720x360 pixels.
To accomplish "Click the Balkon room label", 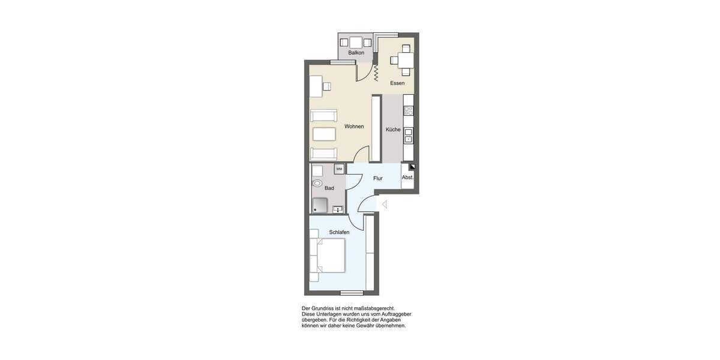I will click(356, 53).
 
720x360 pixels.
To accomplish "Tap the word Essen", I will click(397, 83).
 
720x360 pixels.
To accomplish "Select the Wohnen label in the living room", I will click(354, 127).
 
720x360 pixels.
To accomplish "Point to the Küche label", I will click(393, 130).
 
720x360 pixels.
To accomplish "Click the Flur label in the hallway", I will click(377, 178).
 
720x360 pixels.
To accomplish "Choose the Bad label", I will click(329, 188).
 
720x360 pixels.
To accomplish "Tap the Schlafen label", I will click(339, 232).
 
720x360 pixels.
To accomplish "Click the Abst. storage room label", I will click(407, 178).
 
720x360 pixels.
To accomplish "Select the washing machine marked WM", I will click(339, 169).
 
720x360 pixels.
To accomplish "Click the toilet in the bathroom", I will click(317, 184).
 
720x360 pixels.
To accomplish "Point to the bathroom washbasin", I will click(338, 209).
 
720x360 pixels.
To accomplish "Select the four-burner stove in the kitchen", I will click(409, 110).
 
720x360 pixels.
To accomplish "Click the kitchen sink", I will click(409, 134).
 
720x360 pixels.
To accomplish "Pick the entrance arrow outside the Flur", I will click(385, 205).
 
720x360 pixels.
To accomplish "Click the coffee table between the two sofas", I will click(324, 133).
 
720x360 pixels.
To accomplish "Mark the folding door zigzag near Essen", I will click(376, 73).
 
